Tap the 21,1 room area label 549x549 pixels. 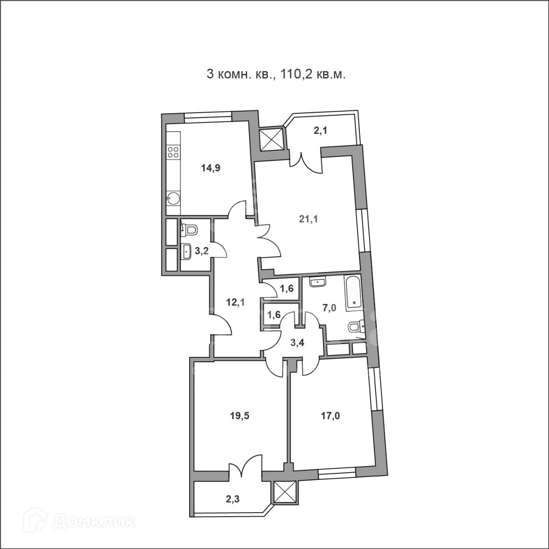(308, 219)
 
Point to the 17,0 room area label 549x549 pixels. (330, 416)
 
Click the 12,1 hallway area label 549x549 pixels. (235, 302)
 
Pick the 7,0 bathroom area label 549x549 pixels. (329, 308)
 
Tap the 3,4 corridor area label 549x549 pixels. (298, 343)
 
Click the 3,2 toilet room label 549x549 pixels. (201, 250)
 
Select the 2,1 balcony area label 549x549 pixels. (321, 131)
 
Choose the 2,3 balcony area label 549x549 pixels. (232, 499)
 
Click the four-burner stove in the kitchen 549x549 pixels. (173, 152)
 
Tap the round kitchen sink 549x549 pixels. (174, 198)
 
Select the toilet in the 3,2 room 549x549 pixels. (189, 229)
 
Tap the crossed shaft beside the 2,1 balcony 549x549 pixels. (273, 139)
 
